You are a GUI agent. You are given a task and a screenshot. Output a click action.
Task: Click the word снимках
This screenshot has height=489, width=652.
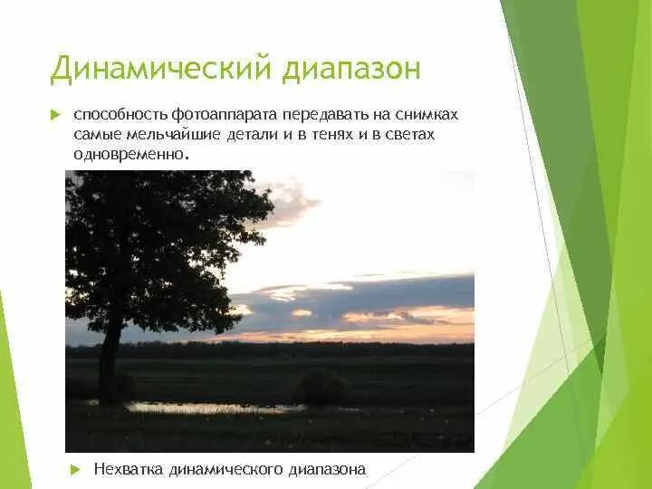(427, 117)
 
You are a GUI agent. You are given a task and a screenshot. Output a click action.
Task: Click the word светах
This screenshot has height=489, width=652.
(409, 135)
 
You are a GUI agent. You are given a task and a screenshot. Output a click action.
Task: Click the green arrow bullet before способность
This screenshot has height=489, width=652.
(54, 116)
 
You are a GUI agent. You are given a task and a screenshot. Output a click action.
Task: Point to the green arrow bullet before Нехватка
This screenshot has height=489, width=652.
(76, 468)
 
